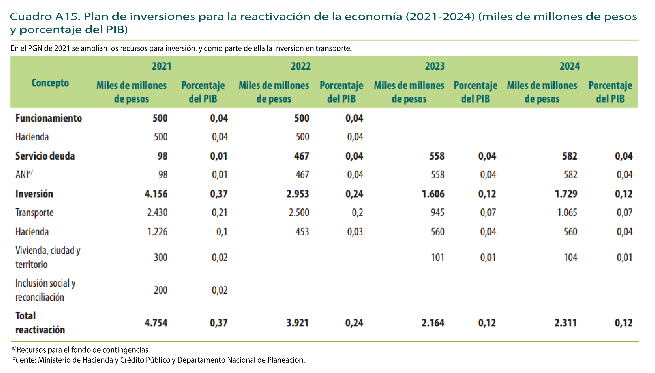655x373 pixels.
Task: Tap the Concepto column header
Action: [x=50, y=83]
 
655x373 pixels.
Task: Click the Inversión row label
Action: [x=34, y=194]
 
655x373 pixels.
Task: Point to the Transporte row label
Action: [x=35, y=213]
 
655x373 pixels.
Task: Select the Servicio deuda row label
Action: [x=45, y=156]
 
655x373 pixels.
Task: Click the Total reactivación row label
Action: [x=40, y=323]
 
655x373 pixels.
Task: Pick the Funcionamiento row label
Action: [x=49, y=118]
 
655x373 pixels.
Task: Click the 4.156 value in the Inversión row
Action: [x=156, y=194]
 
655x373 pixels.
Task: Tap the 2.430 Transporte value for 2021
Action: [x=157, y=213]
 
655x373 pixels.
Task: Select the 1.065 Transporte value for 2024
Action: [x=567, y=213]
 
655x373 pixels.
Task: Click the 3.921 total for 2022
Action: [x=298, y=323]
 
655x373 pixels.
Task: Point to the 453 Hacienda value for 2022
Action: [x=302, y=232]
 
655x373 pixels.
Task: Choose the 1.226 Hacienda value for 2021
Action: [x=157, y=232]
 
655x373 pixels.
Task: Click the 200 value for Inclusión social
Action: [x=160, y=290]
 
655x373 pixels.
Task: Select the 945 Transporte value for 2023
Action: [x=437, y=213]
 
